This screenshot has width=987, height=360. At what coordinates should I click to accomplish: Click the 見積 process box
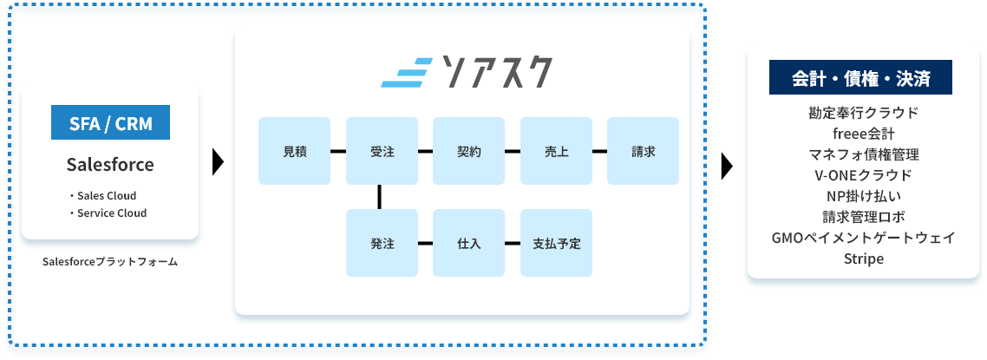(x=294, y=151)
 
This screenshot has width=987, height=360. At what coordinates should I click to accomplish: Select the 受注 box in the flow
(x=382, y=151)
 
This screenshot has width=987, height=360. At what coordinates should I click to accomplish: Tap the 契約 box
(x=468, y=151)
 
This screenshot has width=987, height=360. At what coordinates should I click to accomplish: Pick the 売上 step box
(x=556, y=151)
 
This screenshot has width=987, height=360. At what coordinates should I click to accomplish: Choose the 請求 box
(x=643, y=151)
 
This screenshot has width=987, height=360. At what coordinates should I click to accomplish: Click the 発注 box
(x=382, y=243)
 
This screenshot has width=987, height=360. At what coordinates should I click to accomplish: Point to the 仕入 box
(x=468, y=243)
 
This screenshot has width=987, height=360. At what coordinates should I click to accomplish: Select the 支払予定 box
(x=556, y=243)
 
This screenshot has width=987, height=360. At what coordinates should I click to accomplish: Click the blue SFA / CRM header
(x=110, y=123)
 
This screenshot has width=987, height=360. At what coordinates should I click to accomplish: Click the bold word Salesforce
(x=110, y=164)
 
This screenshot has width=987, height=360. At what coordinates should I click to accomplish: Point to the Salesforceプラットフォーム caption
(x=110, y=260)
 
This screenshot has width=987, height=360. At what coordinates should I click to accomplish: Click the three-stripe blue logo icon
(x=406, y=73)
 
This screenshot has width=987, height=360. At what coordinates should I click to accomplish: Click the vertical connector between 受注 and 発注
(x=380, y=197)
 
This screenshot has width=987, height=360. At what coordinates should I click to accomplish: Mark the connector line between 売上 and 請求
(x=599, y=151)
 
